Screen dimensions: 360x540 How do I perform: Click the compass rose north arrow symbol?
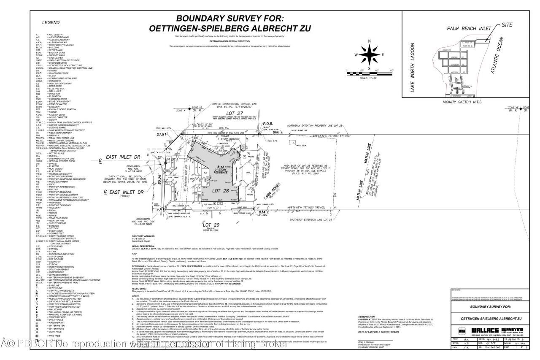369,54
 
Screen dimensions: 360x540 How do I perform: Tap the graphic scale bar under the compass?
369,74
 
